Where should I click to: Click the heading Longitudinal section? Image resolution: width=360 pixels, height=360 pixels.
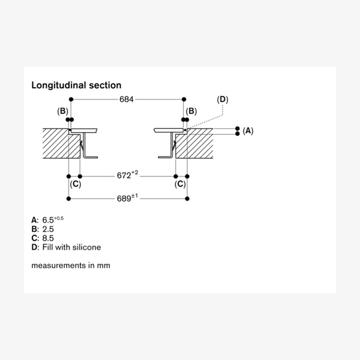76,86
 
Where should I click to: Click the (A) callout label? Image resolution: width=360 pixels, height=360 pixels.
248,130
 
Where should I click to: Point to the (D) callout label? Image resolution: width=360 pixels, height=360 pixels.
223,99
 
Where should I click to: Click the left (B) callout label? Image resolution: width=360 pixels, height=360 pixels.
62,111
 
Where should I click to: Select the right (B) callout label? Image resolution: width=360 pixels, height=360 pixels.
191,111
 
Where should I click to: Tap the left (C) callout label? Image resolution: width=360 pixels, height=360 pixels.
75,184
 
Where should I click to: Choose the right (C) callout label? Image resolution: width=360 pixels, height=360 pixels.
180,184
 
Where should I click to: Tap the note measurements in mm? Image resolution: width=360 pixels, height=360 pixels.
71,265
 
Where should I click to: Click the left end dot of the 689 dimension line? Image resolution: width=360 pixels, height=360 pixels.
67,198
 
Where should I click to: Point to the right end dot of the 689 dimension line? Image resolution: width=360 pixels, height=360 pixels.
188,198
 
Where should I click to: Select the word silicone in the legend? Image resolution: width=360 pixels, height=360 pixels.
87,247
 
